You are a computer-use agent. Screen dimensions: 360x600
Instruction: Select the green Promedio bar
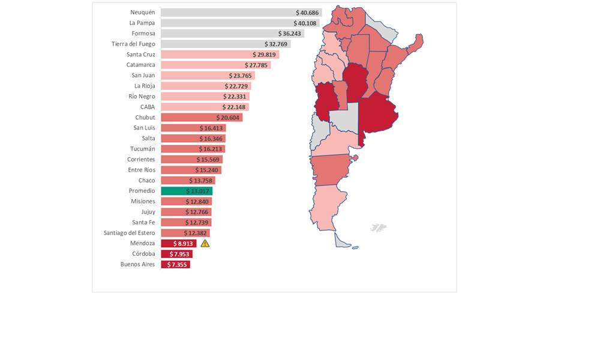click(x=186, y=191)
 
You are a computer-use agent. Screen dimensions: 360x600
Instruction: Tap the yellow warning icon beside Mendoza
click(x=205, y=244)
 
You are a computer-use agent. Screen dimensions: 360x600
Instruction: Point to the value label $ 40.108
click(x=305, y=23)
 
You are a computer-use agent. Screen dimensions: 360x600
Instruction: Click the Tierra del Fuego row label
click(x=133, y=44)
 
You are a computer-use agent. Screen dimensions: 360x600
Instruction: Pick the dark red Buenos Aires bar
click(x=175, y=265)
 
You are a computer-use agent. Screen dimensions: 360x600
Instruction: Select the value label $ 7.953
click(x=179, y=254)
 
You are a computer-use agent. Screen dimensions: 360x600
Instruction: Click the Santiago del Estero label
click(x=129, y=233)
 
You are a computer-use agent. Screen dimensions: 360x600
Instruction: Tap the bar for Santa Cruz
click(x=220, y=55)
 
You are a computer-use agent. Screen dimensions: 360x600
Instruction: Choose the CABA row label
click(x=147, y=107)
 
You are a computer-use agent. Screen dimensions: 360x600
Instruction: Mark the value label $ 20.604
click(x=227, y=118)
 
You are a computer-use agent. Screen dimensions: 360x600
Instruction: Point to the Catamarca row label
click(x=140, y=65)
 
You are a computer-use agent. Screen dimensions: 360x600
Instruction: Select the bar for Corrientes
click(x=191, y=160)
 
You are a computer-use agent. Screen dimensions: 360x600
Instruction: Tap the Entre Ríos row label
click(x=141, y=170)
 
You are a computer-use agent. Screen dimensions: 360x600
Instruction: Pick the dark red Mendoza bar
click(x=178, y=244)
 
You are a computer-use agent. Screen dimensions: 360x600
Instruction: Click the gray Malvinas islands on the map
click(x=378, y=227)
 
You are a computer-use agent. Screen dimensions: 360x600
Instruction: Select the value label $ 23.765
click(x=241, y=76)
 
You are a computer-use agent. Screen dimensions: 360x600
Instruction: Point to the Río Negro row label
click(x=142, y=97)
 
